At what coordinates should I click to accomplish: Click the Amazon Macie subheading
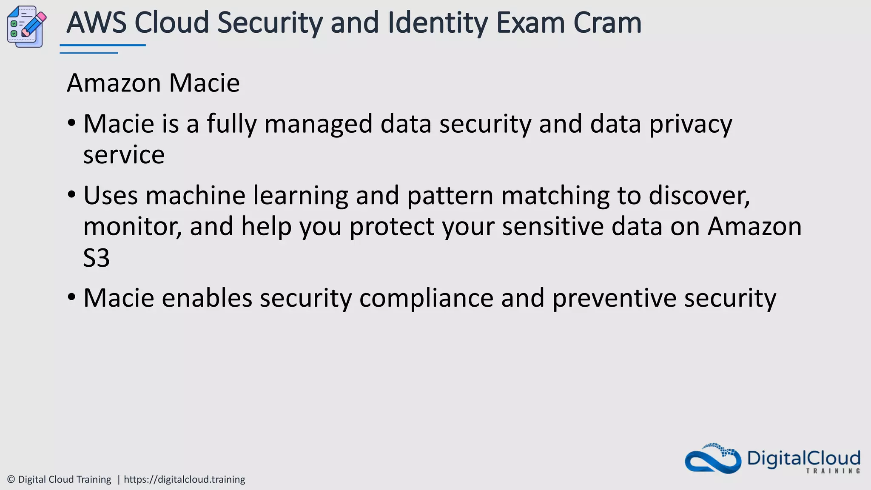click(x=153, y=83)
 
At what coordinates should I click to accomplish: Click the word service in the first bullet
click(x=124, y=155)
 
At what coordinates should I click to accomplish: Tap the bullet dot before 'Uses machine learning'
click(x=71, y=195)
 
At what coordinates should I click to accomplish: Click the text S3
click(x=97, y=258)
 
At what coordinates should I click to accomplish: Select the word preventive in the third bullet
click(x=614, y=299)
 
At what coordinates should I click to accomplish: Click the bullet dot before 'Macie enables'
click(x=71, y=297)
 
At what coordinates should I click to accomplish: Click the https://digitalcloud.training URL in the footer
click(x=184, y=480)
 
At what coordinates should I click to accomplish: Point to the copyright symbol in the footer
click(x=11, y=480)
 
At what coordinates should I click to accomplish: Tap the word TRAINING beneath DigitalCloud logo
click(x=833, y=471)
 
